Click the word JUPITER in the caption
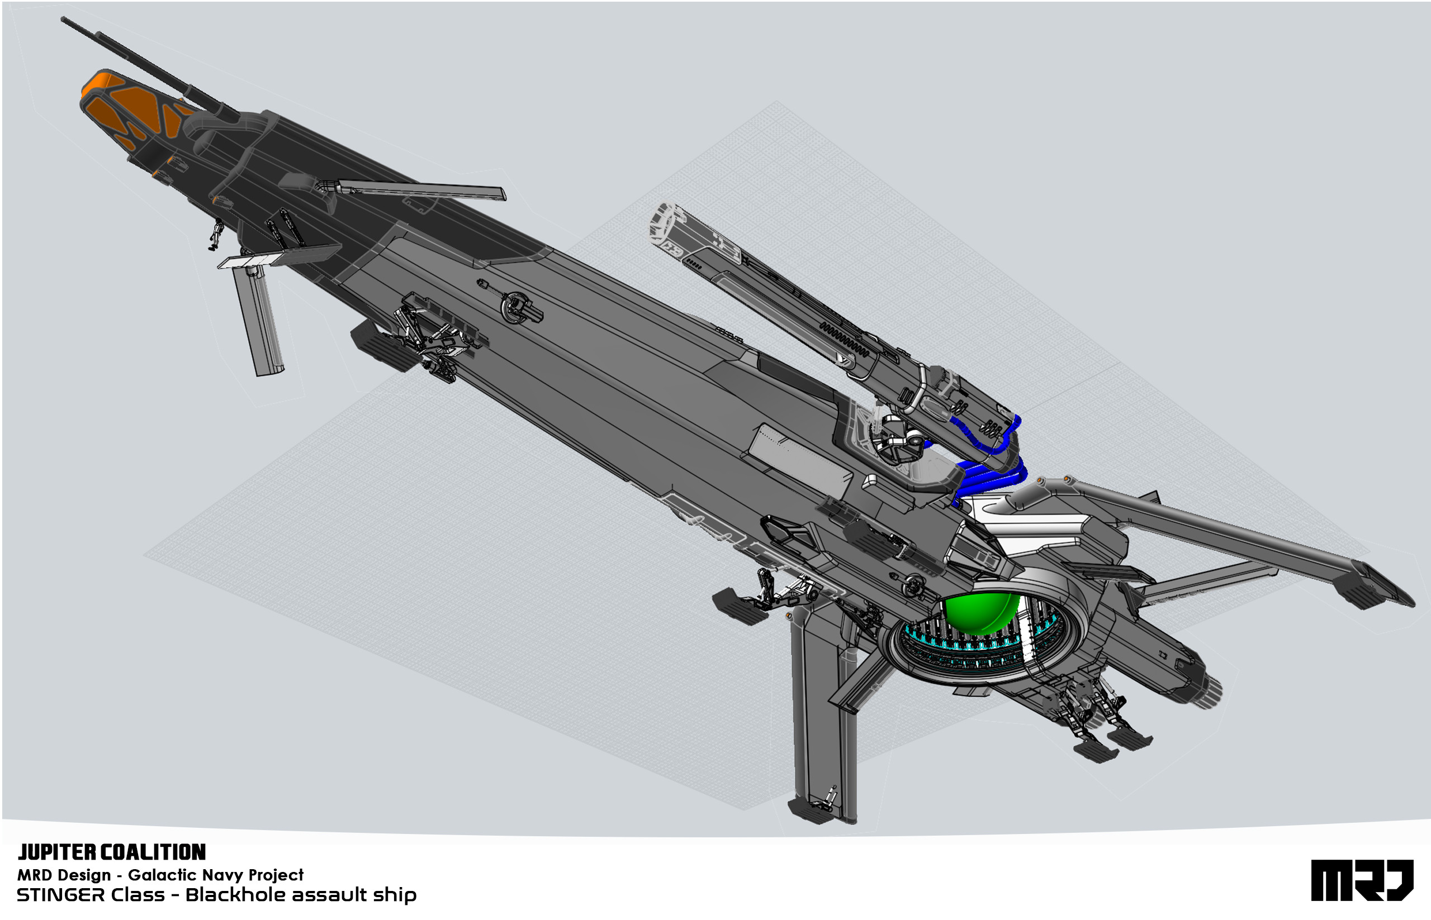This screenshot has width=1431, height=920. [x=56, y=852]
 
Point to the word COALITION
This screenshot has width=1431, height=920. [x=153, y=852]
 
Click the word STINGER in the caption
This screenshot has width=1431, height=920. [x=61, y=895]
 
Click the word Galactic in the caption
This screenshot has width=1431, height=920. [x=157, y=875]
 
